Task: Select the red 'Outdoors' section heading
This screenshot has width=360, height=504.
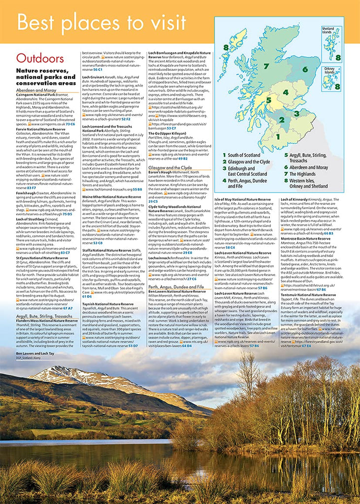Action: tap(40, 59)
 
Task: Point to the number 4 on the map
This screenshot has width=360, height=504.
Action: tap(285, 92)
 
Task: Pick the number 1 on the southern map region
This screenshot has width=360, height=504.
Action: tap(278, 136)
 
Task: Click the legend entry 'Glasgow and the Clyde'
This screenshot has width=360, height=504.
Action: tap(249, 161)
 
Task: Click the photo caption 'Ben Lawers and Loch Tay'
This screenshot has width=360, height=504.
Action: tap(34, 354)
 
